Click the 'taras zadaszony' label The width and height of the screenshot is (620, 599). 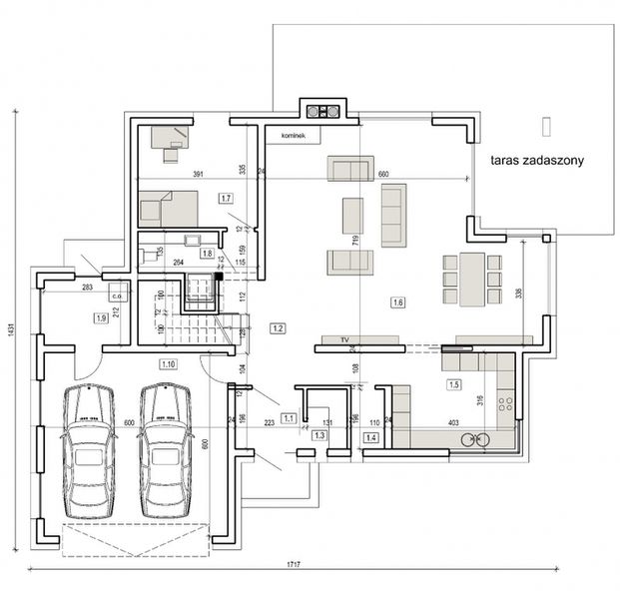(536, 160)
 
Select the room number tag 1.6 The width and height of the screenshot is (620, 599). (398, 302)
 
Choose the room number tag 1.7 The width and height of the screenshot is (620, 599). (226, 199)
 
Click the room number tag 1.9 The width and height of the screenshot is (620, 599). (101, 318)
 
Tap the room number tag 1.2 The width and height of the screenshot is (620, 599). (279, 327)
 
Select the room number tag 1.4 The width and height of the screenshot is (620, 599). (370, 437)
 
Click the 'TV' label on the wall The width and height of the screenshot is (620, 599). (343, 339)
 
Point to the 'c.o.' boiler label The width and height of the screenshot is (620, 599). (116, 296)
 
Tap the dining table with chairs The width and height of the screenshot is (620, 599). (468, 279)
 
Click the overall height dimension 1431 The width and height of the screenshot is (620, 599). (11, 340)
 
